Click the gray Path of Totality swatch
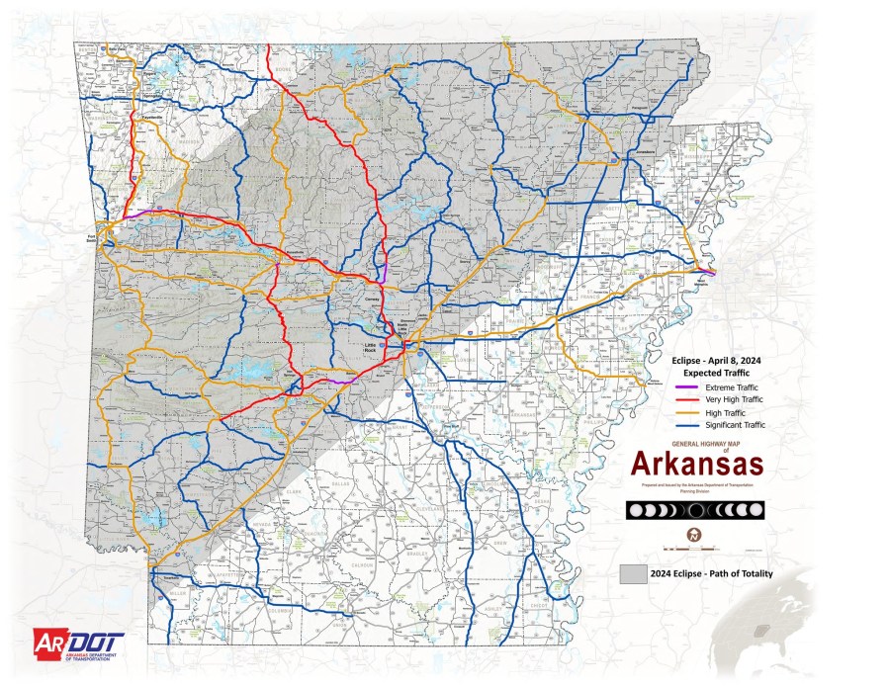(x=633, y=574)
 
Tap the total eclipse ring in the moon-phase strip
(x=696, y=510)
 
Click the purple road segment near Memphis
(x=705, y=269)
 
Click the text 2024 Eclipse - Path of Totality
(x=711, y=574)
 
